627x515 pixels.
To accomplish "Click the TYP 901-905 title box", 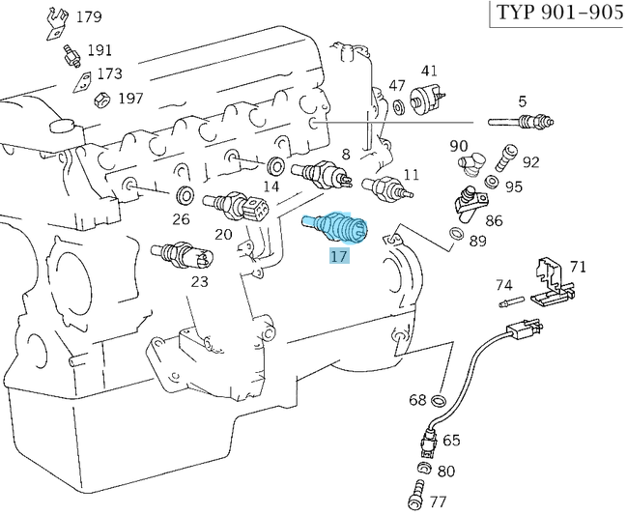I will (557, 14).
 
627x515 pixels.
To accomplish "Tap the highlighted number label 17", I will (338, 256).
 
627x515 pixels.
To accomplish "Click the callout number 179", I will (88, 17).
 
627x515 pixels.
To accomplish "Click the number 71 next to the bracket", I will (578, 266).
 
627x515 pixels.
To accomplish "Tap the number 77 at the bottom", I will (438, 501).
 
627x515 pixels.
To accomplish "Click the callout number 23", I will (199, 282).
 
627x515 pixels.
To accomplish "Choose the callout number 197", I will (130, 99).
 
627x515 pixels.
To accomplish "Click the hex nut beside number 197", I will (99, 99).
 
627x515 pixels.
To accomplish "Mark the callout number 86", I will (494, 220).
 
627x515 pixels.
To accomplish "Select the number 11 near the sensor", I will (412, 175).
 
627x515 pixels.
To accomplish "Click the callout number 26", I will (181, 218).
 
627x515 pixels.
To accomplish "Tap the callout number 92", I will (531, 161).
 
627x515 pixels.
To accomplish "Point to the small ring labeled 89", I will (455, 234).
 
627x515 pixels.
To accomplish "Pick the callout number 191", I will (100, 50).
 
